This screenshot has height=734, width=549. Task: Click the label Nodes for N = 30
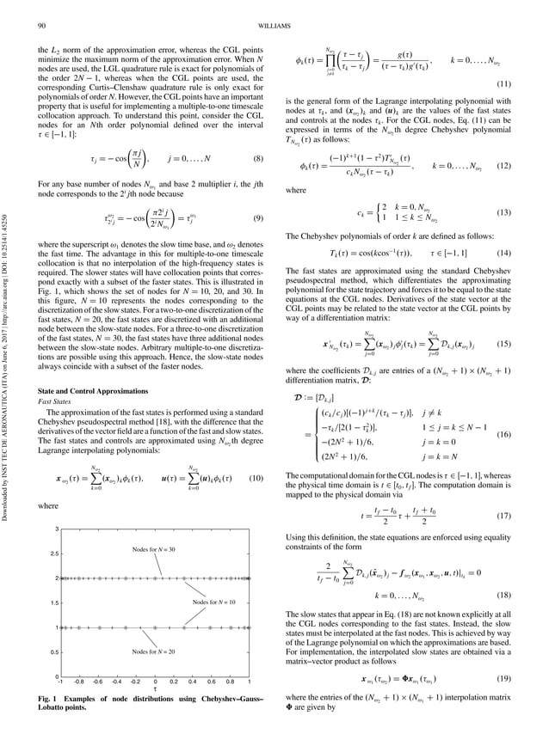click(x=154, y=548)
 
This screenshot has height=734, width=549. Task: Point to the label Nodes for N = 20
click(x=154, y=651)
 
